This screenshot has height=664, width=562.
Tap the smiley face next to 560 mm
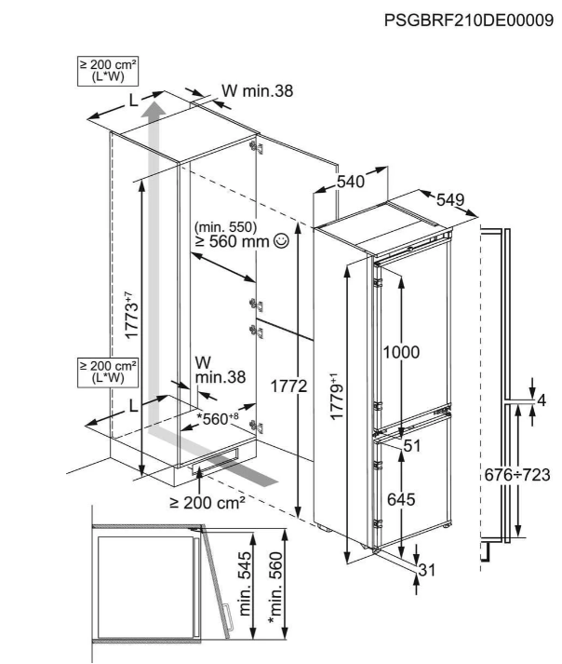pos(282,240)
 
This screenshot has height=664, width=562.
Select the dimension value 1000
pos(401,353)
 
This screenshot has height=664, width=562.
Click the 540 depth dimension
pos(350,183)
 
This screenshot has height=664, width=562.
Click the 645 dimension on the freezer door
pos(401,500)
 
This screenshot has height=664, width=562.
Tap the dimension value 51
pos(413,445)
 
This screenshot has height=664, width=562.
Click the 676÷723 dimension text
pos(515,474)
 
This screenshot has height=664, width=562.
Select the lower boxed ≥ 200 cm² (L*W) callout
pos(108,370)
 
